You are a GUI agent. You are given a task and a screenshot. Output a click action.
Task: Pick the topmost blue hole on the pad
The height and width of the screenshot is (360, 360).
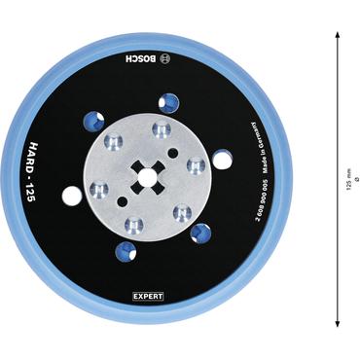(169, 100)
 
